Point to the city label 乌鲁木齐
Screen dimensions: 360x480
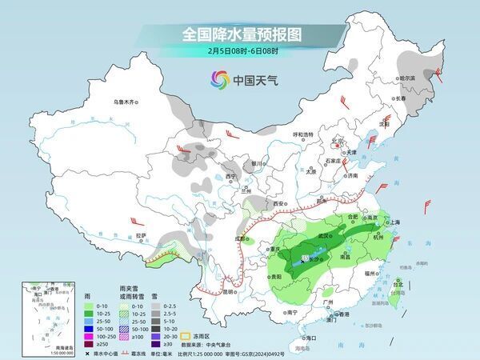(x=126, y=102)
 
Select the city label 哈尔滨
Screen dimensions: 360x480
(x=409, y=78)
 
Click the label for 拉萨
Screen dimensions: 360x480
(x=141, y=235)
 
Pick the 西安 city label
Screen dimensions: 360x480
(x=278, y=205)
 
